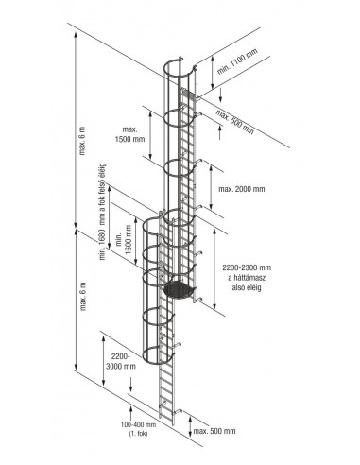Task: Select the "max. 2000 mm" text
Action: point(242,189)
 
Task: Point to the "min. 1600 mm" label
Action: point(124,240)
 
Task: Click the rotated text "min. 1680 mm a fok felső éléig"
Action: point(102,212)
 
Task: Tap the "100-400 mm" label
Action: point(138,424)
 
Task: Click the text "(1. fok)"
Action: point(138,434)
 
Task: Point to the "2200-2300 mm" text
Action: point(247,267)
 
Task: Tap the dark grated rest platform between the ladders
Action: point(180,289)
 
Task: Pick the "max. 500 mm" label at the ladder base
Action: point(214,431)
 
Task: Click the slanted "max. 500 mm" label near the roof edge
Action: point(235,122)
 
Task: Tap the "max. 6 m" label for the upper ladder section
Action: point(83,141)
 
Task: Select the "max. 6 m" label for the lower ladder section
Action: point(83,296)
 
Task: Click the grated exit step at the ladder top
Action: point(188,95)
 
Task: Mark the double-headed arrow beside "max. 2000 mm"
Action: point(211,186)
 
